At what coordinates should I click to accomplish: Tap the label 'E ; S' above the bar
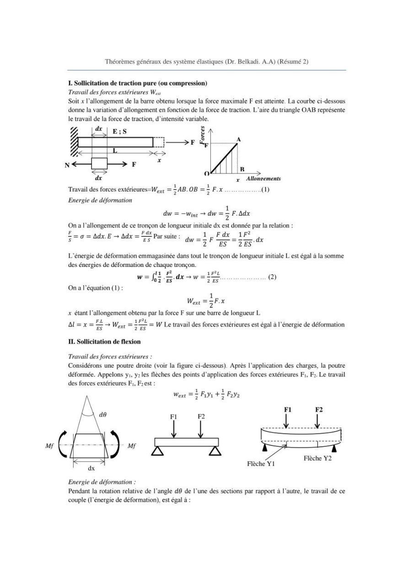point(120,131)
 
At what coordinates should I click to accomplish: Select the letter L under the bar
point(114,150)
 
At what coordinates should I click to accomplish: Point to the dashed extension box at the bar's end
point(158,142)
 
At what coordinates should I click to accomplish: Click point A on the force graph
point(239,139)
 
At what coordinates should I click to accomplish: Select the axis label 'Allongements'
point(263,179)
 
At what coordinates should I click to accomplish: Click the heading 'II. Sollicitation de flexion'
point(104,342)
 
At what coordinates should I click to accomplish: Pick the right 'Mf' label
point(131,445)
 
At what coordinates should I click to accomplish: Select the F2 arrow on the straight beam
point(200,429)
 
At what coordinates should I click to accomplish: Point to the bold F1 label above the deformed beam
point(288,409)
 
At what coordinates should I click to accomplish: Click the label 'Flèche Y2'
point(317,458)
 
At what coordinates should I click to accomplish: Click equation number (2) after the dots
point(272,277)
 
